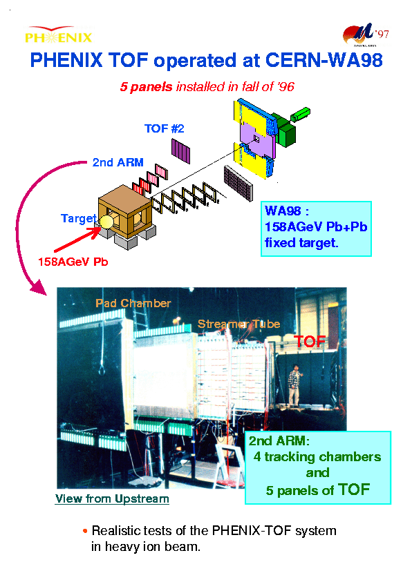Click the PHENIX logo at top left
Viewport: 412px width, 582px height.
tap(58, 34)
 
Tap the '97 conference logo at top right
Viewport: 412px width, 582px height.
tap(366, 35)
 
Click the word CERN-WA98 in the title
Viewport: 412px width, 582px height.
tap(324, 60)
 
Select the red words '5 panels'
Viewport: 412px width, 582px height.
tap(146, 87)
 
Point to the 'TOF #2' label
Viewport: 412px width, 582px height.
tap(165, 128)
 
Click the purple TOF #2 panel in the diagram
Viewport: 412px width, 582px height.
tap(181, 151)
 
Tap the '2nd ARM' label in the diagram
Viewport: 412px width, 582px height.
tap(118, 162)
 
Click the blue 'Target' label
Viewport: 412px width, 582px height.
tap(79, 218)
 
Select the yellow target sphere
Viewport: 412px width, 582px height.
tap(106, 222)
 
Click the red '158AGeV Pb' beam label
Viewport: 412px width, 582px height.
tap(73, 262)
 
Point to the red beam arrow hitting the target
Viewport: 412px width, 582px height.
tap(77, 240)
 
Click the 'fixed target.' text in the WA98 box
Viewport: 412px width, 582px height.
tap(301, 243)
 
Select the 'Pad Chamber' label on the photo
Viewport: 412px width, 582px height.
tap(133, 303)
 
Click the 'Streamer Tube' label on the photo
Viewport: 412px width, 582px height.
tap(239, 324)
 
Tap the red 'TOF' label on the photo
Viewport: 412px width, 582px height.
tap(310, 342)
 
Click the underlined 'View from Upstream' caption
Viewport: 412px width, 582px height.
tap(112, 498)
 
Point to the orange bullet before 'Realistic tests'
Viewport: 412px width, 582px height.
tap(85, 531)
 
